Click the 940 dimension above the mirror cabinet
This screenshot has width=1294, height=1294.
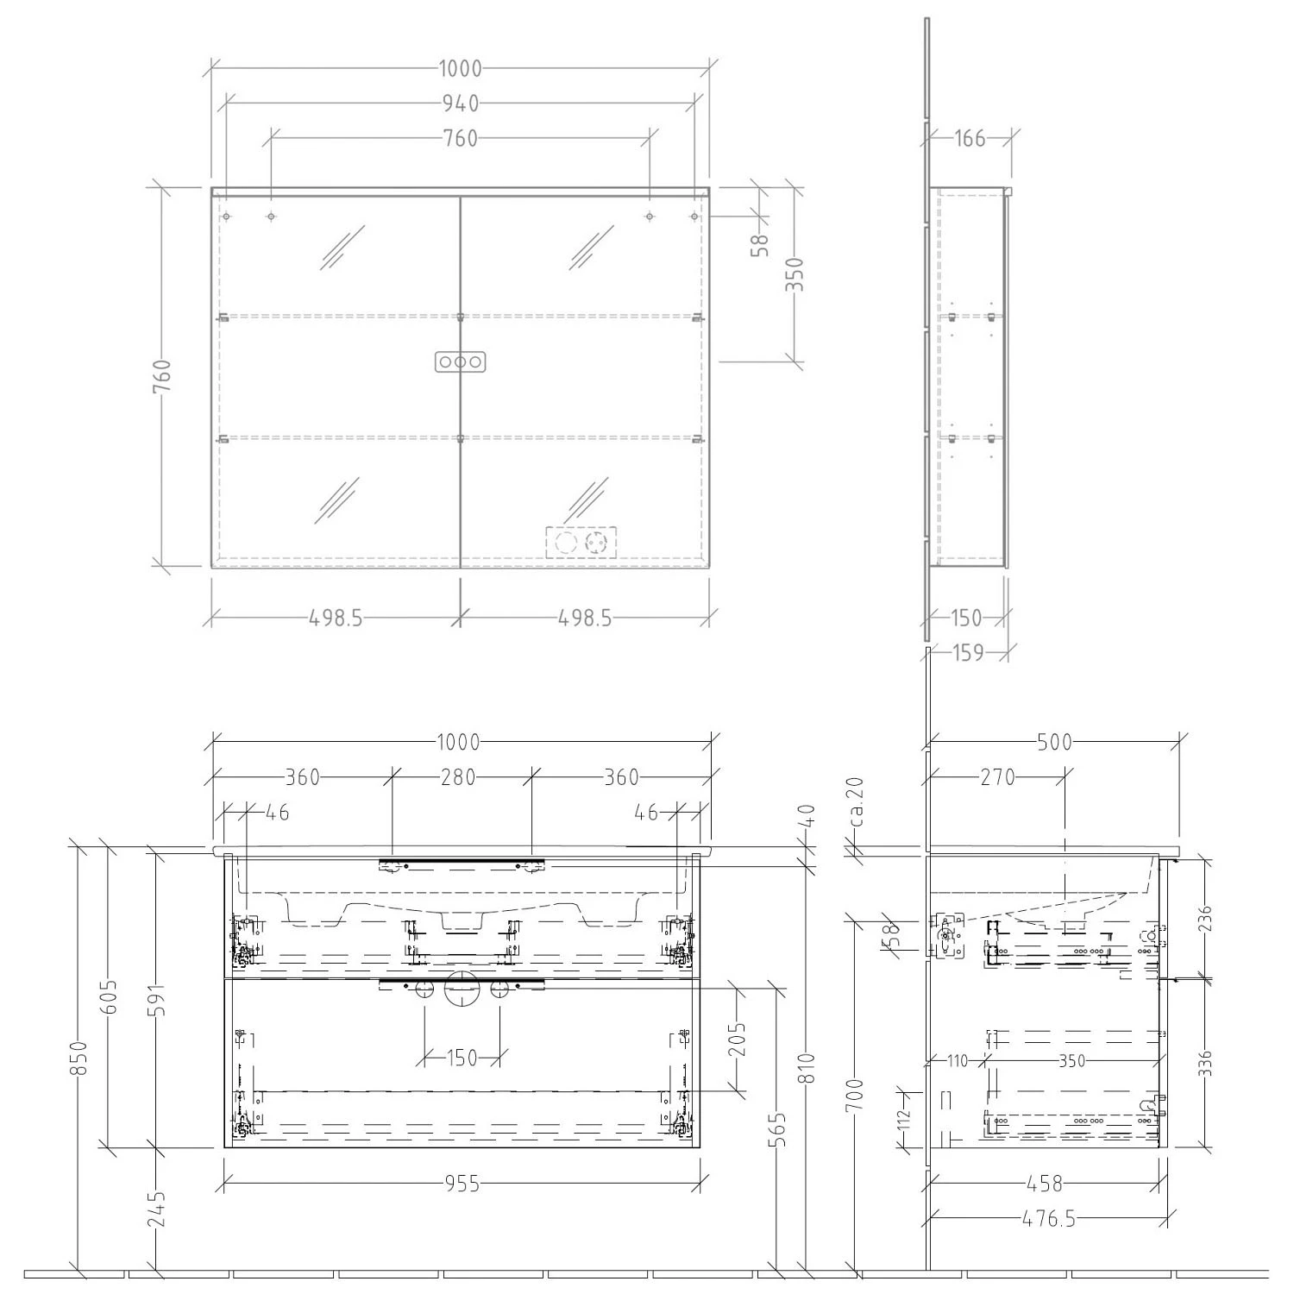coord(460,104)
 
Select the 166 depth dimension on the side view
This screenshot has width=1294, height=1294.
coord(970,138)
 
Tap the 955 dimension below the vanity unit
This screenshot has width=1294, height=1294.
coord(462,1184)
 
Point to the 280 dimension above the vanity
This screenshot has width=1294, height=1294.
coord(458,777)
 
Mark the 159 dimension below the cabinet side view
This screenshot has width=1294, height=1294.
coord(968,653)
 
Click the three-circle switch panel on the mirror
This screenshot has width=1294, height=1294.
coord(461,362)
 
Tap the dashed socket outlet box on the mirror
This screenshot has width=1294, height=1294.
coord(581,542)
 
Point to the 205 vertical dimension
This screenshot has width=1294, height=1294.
coord(738,1040)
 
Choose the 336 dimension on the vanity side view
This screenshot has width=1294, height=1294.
coord(1205,1063)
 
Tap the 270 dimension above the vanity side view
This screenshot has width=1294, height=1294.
coord(997,777)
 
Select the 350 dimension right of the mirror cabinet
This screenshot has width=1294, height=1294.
coord(795,274)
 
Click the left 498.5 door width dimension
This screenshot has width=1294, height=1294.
coord(336,618)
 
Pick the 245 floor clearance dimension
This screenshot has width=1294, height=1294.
coord(156,1209)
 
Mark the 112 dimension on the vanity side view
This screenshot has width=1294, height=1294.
coord(904,1120)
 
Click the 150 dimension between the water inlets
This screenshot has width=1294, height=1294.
coord(462,1057)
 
